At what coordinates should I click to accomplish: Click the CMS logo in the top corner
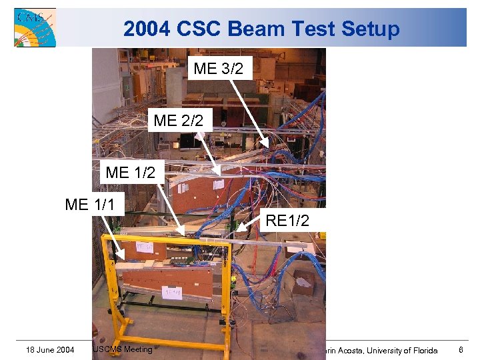(35, 27)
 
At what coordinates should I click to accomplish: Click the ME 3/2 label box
(219, 68)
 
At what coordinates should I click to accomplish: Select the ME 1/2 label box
(130, 172)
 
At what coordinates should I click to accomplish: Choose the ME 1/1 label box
(94, 205)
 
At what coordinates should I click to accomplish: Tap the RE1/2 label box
(287, 220)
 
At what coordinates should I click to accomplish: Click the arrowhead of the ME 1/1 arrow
(122, 257)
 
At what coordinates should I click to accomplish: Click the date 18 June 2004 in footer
(50, 349)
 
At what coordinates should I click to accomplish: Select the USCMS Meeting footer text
(123, 348)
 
